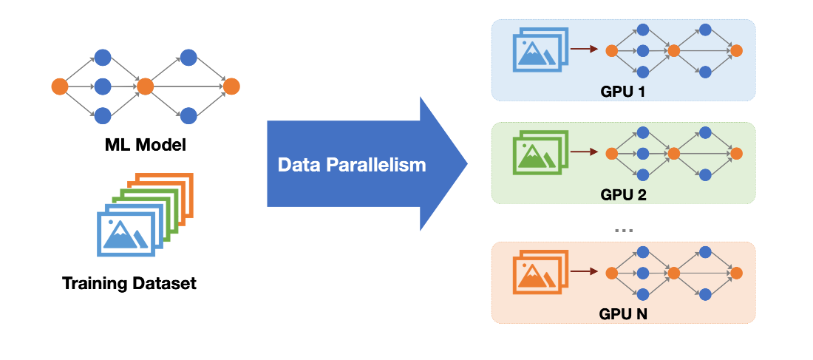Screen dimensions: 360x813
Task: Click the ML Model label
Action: pos(145,144)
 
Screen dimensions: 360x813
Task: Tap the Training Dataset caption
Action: pos(129,283)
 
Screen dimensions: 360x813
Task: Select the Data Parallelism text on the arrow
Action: pos(352,164)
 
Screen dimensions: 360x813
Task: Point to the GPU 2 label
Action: pos(624,195)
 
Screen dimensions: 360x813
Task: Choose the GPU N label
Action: pos(624,314)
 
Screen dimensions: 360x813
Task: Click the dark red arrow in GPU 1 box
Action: pos(585,50)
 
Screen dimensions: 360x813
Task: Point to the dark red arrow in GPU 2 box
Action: pos(585,153)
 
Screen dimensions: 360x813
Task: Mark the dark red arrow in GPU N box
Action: pos(585,273)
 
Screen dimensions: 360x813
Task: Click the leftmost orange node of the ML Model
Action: pos(60,86)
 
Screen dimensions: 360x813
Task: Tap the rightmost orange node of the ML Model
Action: pos(231,86)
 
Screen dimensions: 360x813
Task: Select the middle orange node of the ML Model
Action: pos(145,86)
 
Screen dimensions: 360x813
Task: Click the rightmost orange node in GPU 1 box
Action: pos(736,50)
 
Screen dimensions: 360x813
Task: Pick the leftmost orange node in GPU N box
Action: pos(611,273)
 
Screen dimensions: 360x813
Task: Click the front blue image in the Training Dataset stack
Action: pos(126,233)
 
